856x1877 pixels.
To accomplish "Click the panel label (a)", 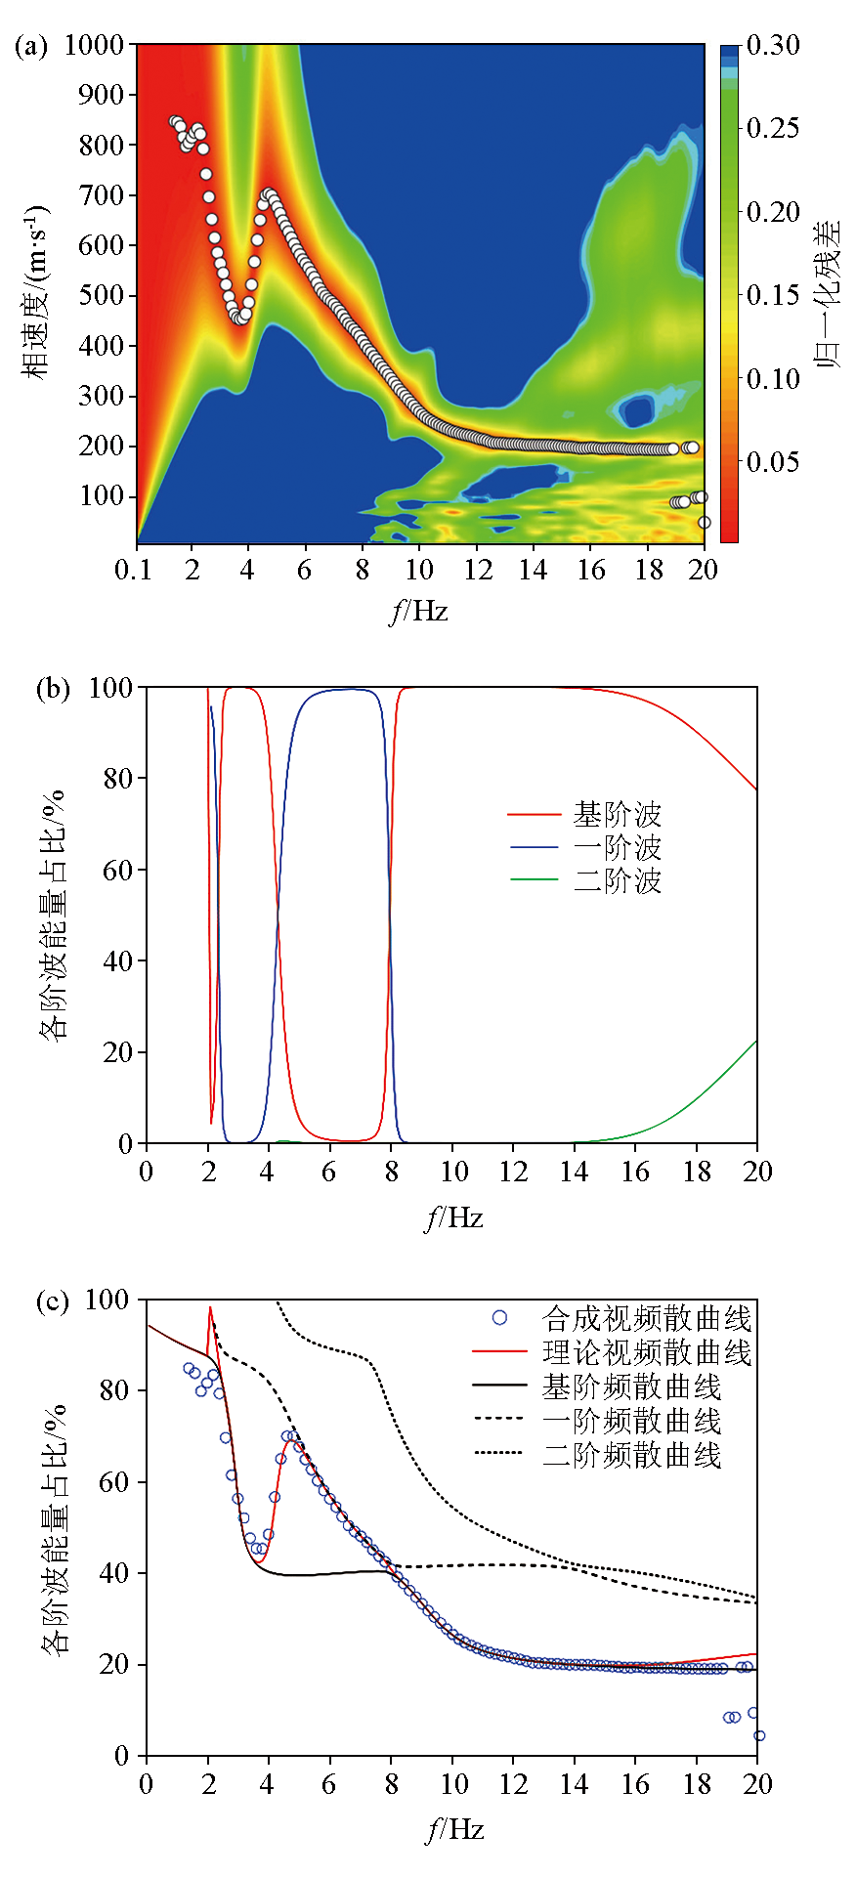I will [x=30, y=45].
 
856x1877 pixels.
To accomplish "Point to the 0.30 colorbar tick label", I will [x=773, y=45].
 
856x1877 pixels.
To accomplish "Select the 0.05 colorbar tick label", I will [x=773, y=461].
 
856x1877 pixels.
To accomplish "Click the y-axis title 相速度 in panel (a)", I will [x=36, y=293].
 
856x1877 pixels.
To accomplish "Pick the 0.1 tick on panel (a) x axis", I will [x=133, y=570].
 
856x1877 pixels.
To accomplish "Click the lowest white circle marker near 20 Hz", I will [x=704, y=523].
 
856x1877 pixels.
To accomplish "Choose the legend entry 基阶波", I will [x=617, y=814].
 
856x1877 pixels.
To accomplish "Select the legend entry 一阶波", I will [x=617, y=847].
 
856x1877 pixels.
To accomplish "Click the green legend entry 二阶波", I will [x=617, y=880].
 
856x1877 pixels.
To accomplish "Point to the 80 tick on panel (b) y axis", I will [x=117, y=779].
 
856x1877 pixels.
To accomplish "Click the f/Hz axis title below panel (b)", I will [x=453, y=1217].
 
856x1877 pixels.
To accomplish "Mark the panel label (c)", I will [x=52, y=1301].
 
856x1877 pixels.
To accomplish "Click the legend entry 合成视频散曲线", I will [x=646, y=1319].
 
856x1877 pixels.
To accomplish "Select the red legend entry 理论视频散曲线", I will [x=646, y=1353].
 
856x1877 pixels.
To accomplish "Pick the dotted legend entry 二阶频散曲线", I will [x=631, y=1456].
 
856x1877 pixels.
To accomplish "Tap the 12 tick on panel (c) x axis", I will [x=514, y=1784].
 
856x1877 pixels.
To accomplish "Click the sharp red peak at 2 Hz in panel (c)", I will [x=210, y=1308].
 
